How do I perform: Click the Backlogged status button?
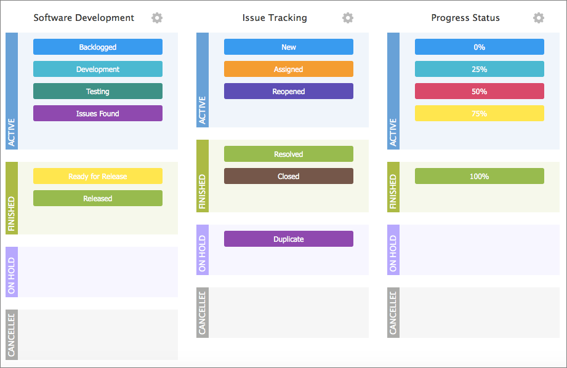click(98, 47)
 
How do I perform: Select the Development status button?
click(98, 69)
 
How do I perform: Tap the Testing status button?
click(98, 91)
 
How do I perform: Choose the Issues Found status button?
click(98, 113)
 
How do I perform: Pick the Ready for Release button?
click(98, 176)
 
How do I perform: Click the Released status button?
click(98, 198)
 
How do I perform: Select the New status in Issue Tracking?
click(289, 47)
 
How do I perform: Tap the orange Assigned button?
click(289, 69)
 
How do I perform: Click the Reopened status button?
click(289, 91)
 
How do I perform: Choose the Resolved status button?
click(289, 154)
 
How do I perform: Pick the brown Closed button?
click(289, 176)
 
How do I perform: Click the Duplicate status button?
click(289, 239)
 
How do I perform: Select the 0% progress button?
click(480, 47)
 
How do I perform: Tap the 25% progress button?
click(480, 69)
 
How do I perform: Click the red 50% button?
click(480, 91)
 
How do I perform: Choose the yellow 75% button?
click(480, 113)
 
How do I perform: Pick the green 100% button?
click(480, 176)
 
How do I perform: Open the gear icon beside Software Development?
click(157, 18)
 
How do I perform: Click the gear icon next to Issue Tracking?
click(348, 18)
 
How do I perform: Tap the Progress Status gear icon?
click(539, 18)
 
